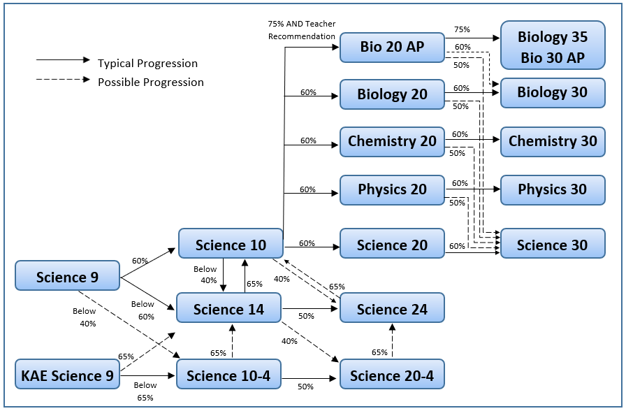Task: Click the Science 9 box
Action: pyautogui.click(x=67, y=277)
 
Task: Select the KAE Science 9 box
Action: pyautogui.click(x=67, y=375)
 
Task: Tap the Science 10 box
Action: pyautogui.click(x=231, y=245)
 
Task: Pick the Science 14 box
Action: pyautogui.click(x=228, y=309)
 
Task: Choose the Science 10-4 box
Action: pyautogui.click(x=228, y=375)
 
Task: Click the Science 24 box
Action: pyautogui.click(x=392, y=309)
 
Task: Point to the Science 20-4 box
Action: pyautogui.click(x=392, y=375)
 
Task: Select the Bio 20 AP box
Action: pyautogui.click(x=392, y=48)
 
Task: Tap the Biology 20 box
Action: pyautogui.click(x=392, y=94)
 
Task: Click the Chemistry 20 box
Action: pyautogui.click(x=392, y=141)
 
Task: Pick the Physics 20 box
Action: pyautogui.click(x=392, y=189)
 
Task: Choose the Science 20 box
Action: pyautogui.click(x=392, y=245)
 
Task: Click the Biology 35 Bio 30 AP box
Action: pyautogui.click(x=553, y=46)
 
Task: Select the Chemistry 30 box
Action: pyautogui.click(x=553, y=141)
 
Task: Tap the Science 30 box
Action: pyautogui.click(x=553, y=245)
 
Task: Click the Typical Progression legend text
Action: pyautogui.click(x=147, y=64)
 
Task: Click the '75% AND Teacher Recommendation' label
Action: pyautogui.click(x=301, y=30)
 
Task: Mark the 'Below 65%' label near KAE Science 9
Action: pyautogui.click(x=145, y=391)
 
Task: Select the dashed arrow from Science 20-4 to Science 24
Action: pyautogui.click(x=392, y=342)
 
